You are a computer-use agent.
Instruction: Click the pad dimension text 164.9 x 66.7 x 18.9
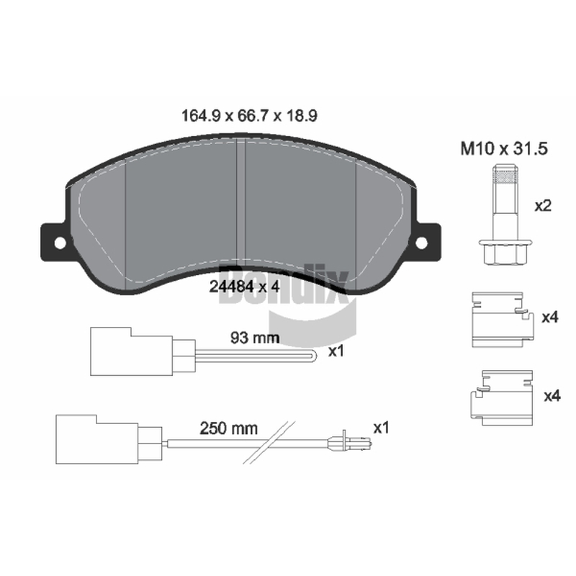[x=249, y=116]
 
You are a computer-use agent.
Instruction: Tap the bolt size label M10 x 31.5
[x=504, y=149]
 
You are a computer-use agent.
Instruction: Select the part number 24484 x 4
[x=244, y=287]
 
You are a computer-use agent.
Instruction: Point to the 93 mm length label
[x=255, y=338]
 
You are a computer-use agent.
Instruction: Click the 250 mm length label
[x=228, y=428]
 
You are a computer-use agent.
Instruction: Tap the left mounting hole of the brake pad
[x=60, y=243]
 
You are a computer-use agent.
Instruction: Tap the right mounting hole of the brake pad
[x=421, y=243]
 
